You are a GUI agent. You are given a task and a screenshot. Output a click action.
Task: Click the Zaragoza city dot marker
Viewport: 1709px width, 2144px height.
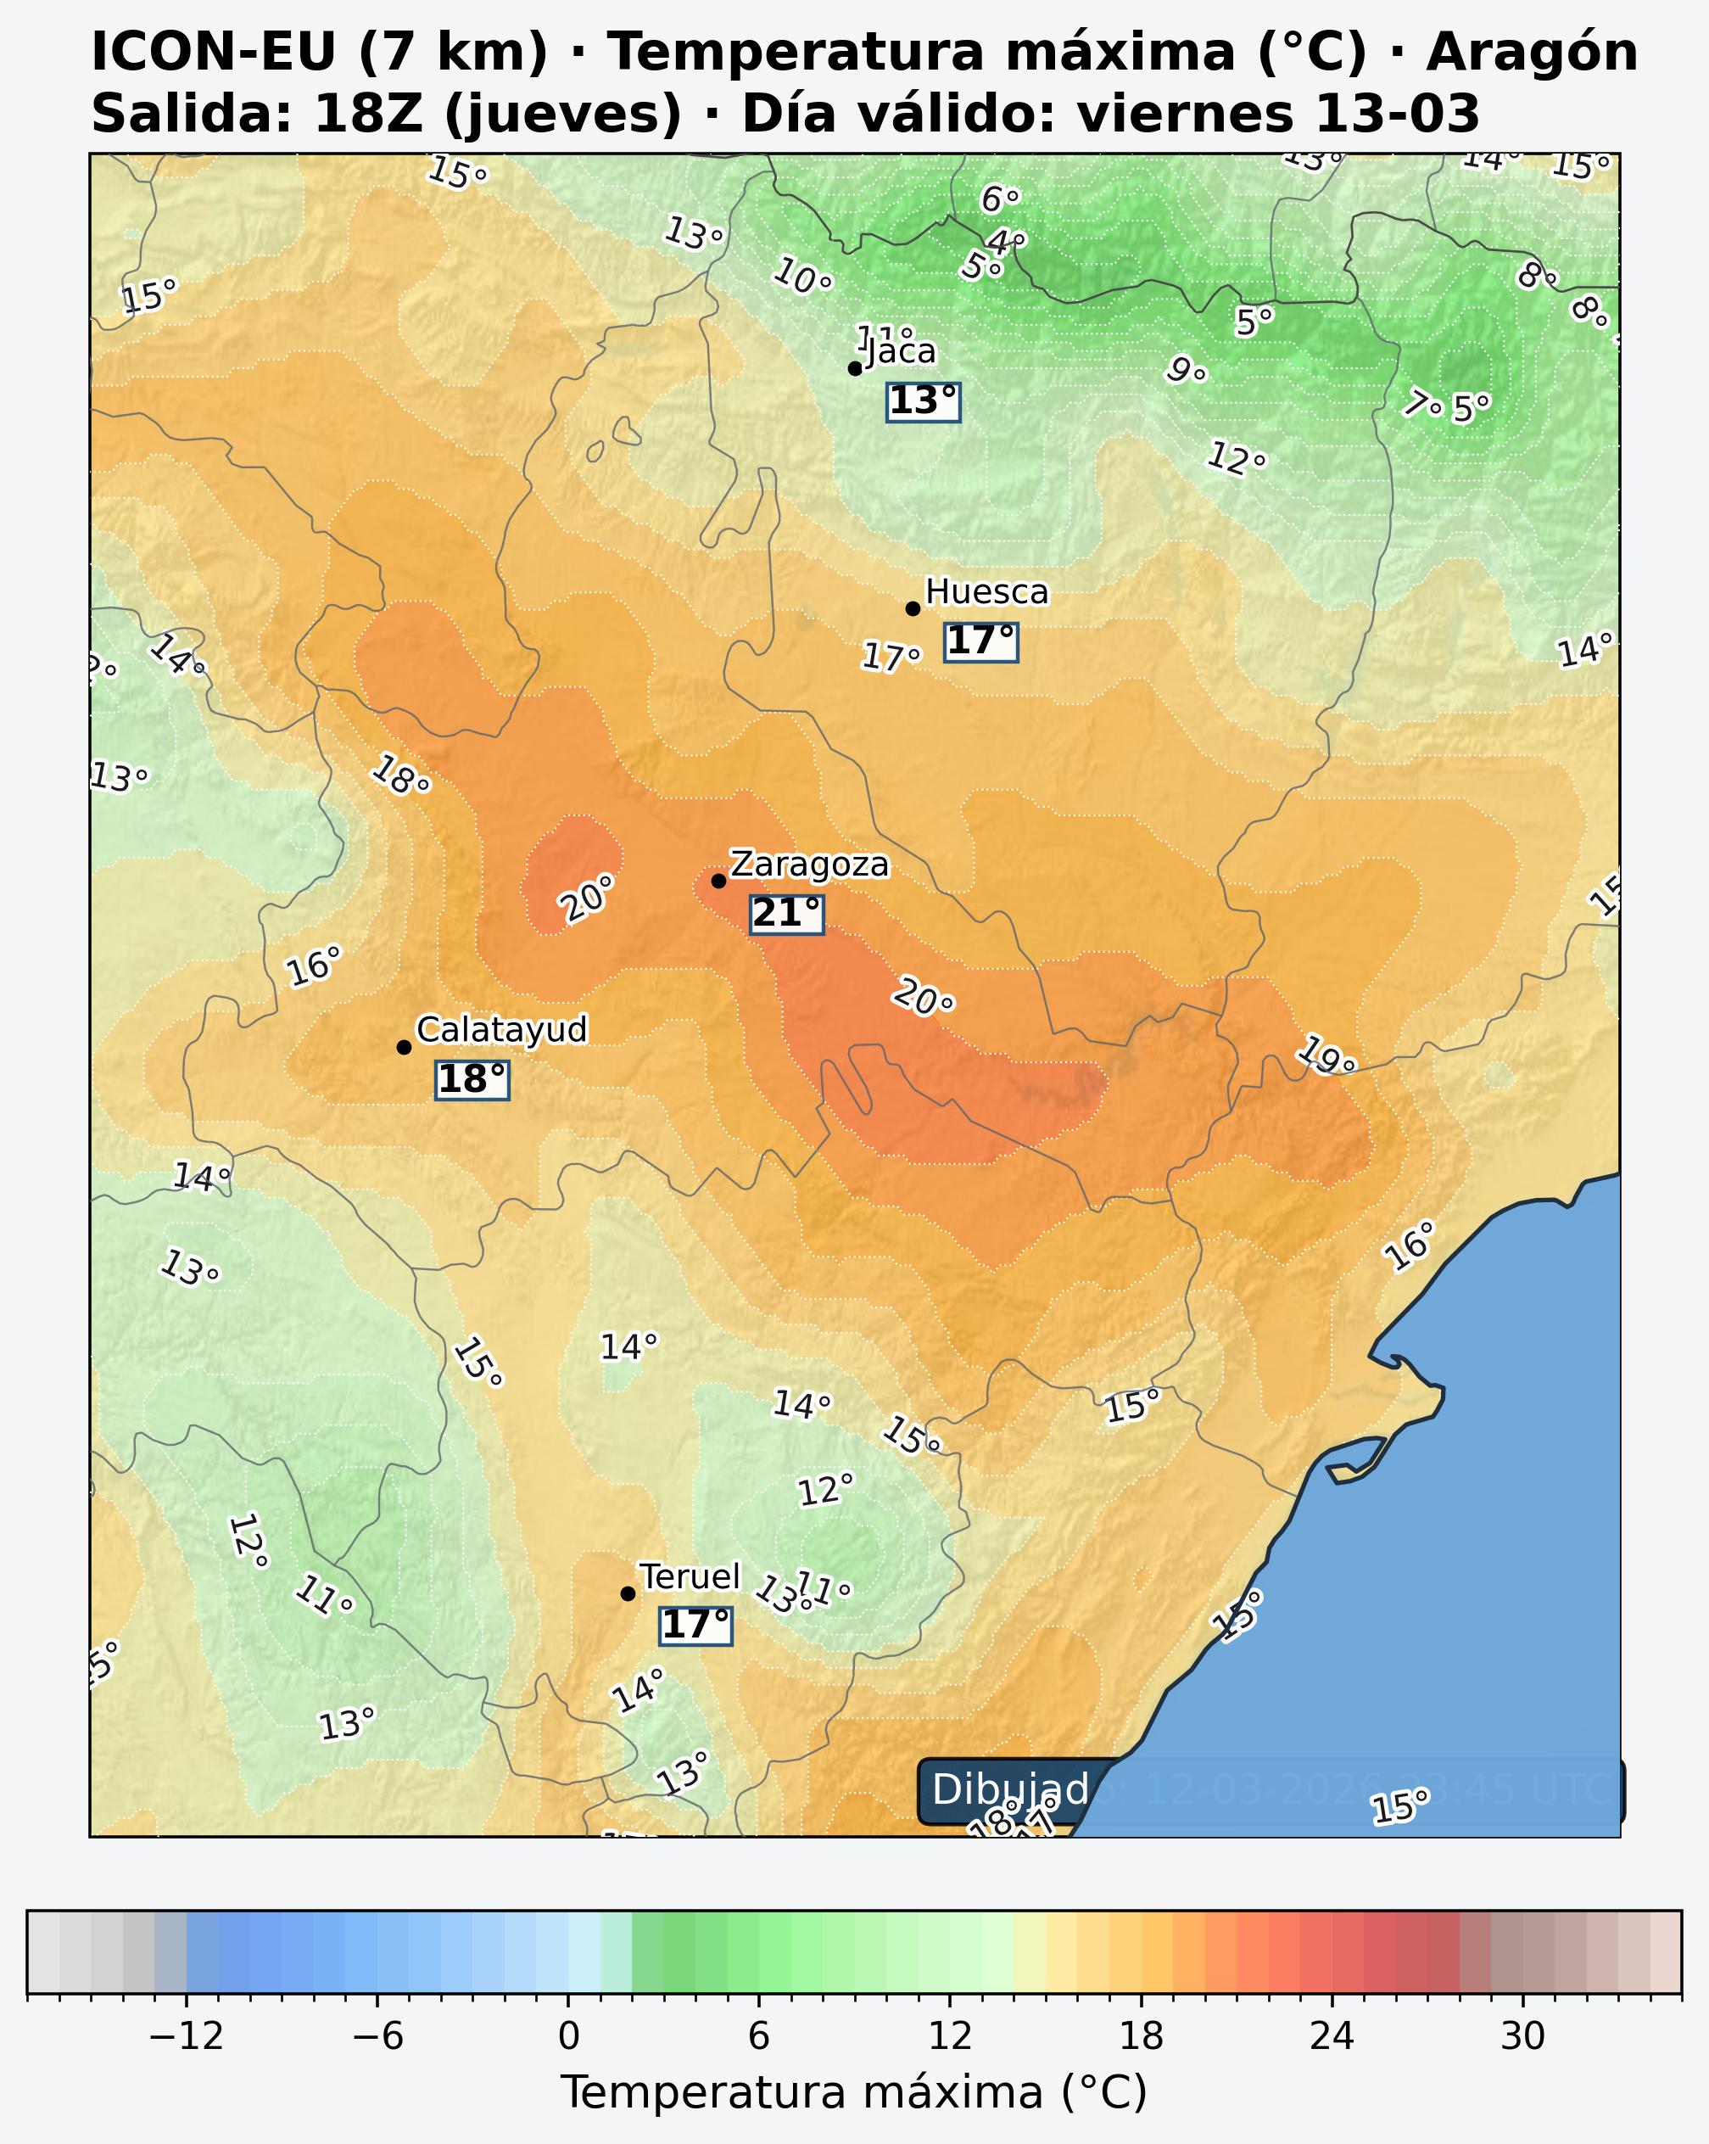718,881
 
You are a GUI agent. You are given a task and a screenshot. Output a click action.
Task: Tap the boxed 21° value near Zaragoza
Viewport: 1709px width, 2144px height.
786,914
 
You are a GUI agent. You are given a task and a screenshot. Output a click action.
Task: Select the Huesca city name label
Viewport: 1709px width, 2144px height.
986,593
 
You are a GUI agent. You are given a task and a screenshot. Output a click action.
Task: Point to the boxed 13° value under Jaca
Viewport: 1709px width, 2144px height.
923,402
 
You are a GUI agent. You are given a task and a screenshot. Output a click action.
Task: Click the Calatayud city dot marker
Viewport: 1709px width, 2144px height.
404,1047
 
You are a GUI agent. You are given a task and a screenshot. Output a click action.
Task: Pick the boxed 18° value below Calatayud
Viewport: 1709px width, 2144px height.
472,1079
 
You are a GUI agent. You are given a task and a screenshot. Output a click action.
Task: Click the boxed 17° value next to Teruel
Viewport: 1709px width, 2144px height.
696,1626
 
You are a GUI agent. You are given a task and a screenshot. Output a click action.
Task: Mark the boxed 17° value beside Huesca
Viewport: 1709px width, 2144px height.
980,641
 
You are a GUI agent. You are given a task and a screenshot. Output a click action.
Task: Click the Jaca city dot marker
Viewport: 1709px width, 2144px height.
854,369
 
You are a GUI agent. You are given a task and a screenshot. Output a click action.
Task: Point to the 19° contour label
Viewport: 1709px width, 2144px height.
1327,1056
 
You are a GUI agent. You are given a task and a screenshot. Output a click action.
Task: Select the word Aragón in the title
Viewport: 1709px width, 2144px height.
1531,52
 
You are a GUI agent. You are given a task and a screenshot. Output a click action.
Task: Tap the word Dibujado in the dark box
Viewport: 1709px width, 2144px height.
1010,1790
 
